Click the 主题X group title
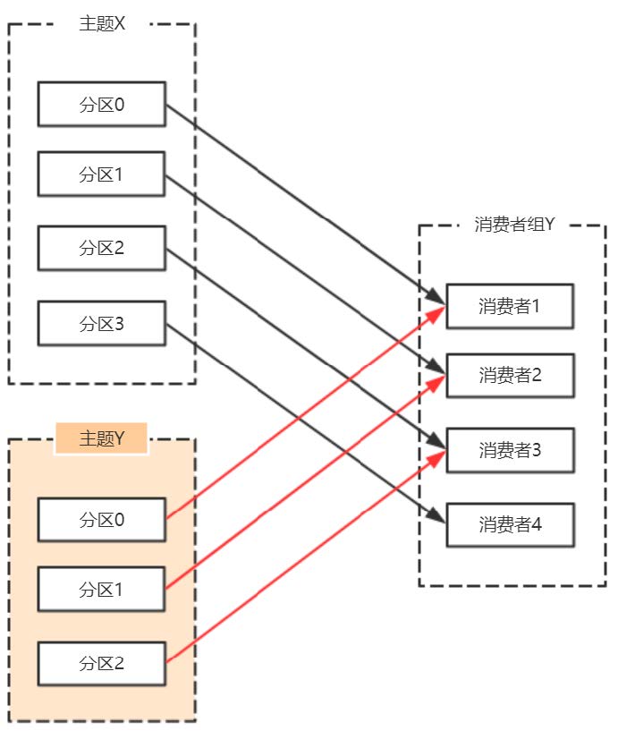pos(102,24)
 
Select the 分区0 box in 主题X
pos(101,104)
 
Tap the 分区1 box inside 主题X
pos(101,174)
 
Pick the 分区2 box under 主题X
pos(101,248)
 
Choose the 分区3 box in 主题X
pos(101,323)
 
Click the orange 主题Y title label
pos(101,438)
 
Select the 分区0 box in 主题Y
pos(101,519)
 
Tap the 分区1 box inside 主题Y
pos(101,589)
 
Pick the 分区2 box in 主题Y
pos(101,663)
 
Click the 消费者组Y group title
pos(514,225)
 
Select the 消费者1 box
pos(510,306)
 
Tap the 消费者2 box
pos(510,375)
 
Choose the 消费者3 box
pos(510,450)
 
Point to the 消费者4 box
pos(510,524)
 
